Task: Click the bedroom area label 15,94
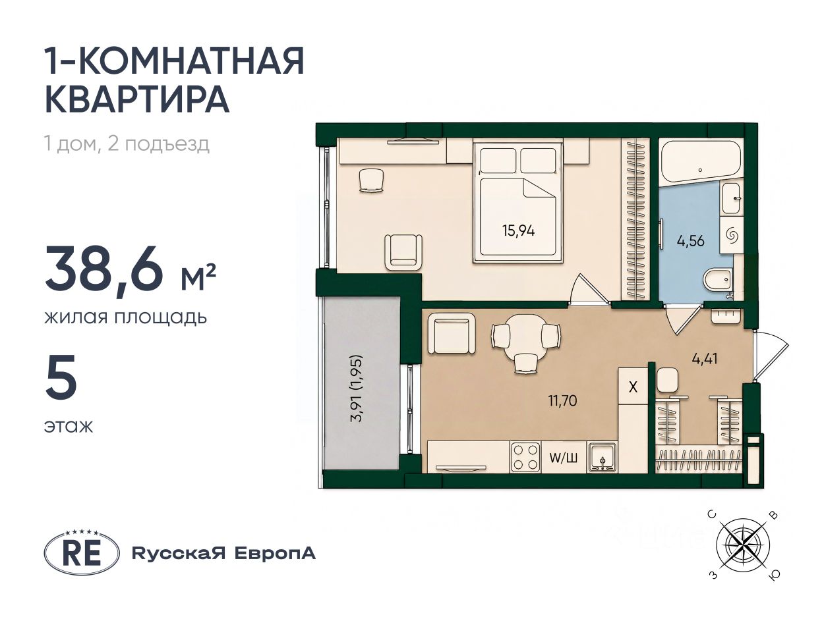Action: [x=518, y=230]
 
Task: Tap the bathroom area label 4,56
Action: [x=691, y=240]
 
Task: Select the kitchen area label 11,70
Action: [x=562, y=401]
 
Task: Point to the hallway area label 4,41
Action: [x=705, y=359]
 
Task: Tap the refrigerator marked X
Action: [x=633, y=387]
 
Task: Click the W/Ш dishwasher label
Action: [x=563, y=458]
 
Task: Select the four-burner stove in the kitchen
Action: [x=525, y=457]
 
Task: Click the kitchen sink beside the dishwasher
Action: [x=602, y=457]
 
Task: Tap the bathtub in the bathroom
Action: [x=700, y=162]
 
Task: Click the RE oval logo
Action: [x=82, y=553]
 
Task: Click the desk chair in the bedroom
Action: [x=371, y=180]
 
